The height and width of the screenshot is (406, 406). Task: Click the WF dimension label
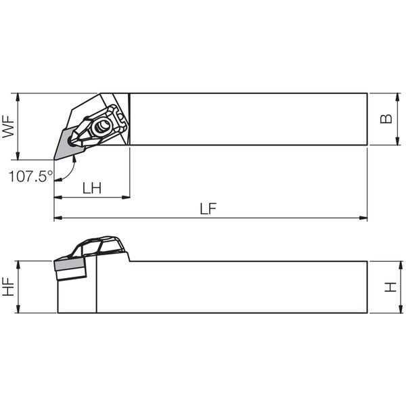pyautogui.click(x=8, y=127)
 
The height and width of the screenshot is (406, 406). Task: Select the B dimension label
pyautogui.click(x=386, y=119)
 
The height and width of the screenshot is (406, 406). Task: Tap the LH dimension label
pyautogui.click(x=92, y=188)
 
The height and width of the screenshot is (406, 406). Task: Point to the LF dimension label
pyautogui.click(x=208, y=208)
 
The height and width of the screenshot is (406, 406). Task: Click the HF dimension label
pyautogui.click(x=8, y=287)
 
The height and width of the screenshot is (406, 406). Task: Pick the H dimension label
pyautogui.click(x=390, y=287)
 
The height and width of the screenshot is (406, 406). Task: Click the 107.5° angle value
pyautogui.click(x=31, y=177)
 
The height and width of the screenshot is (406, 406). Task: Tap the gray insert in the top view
pyautogui.click(x=68, y=143)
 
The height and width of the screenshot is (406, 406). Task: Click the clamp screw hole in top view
pyautogui.click(x=101, y=127)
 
